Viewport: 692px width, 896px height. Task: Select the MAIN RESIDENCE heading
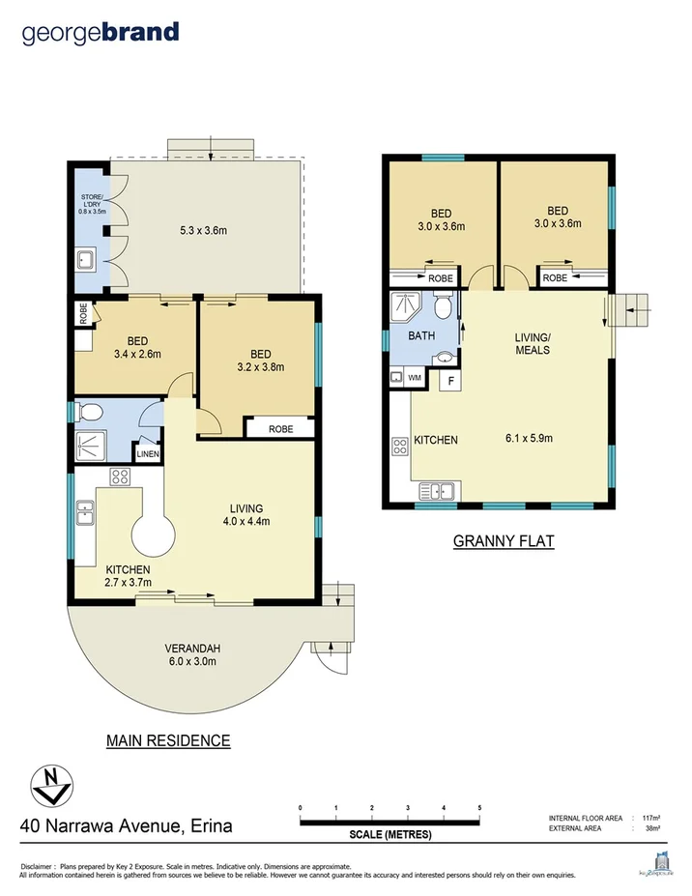pyautogui.click(x=167, y=741)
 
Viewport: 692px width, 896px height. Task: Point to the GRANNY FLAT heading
pyautogui.click(x=504, y=541)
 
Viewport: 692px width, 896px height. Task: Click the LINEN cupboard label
pyautogui.click(x=148, y=452)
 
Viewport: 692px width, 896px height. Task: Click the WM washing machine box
pyautogui.click(x=415, y=377)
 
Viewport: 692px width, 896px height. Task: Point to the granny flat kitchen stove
pyautogui.click(x=399, y=447)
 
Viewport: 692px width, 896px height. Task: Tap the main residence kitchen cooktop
pyautogui.click(x=121, y=476)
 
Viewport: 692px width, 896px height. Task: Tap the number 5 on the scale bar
pyautogui.click(x=479, y=807)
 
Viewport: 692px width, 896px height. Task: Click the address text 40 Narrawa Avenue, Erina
pyautogui.click(x=126, y=826)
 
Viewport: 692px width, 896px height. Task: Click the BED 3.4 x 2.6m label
pyautogui.click(x=137, y=347)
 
